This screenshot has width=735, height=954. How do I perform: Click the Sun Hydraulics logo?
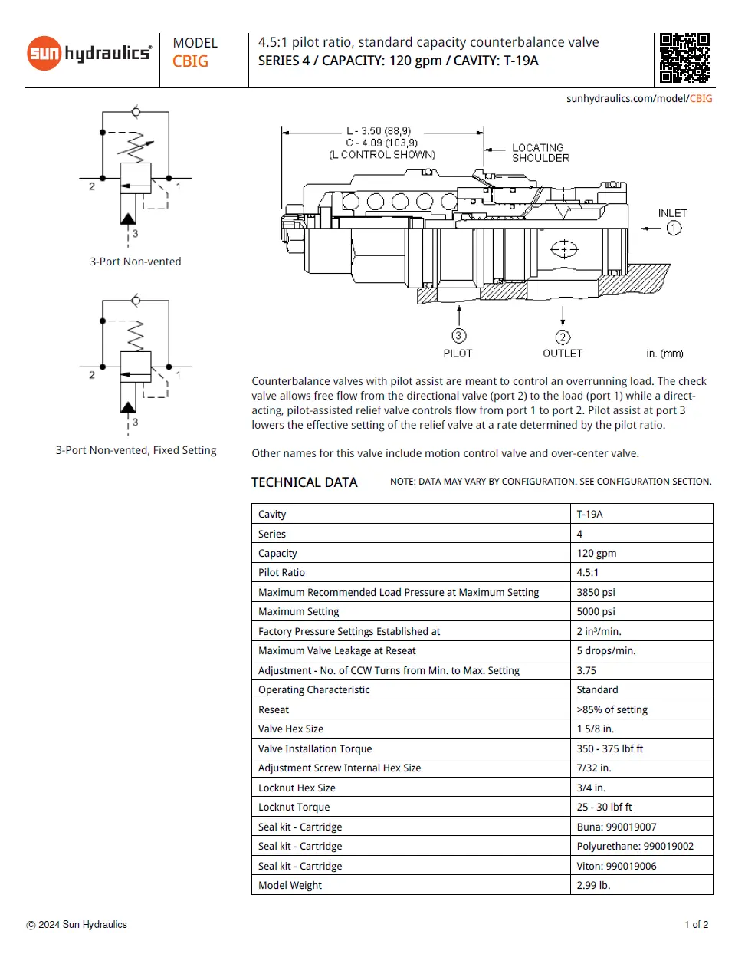[89, 53]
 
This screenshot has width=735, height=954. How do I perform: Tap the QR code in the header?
[684, 58]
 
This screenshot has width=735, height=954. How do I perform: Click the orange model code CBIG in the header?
[190, 61]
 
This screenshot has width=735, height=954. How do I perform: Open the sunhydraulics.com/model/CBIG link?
[639, 98]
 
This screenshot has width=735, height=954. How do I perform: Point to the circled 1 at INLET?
[674, 228]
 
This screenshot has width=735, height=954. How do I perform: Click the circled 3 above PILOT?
[458, 335]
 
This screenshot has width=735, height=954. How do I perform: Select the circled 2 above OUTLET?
[563, 337]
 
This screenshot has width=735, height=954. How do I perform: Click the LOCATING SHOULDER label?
[540, 153]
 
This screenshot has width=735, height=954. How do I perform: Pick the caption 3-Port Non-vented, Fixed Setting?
[136, 450]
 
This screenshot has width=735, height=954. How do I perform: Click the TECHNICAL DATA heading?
[304, 482]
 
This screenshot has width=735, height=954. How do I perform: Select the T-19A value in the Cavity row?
[589, 514]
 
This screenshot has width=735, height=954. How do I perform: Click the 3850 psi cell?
[596, 592]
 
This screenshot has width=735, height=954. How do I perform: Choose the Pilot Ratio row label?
[281, 572]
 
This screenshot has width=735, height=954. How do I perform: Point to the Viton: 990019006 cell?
[616, 866]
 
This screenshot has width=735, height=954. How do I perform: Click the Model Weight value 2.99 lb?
[593, 885]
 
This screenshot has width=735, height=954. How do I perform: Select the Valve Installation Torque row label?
[315, 748]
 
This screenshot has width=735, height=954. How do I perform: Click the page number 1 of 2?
[696, 925]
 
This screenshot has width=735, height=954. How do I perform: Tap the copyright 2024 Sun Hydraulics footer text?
[77, 925]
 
